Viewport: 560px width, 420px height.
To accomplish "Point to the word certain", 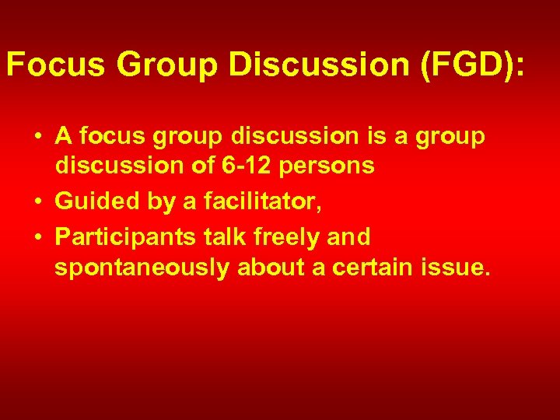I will point(380,269).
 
